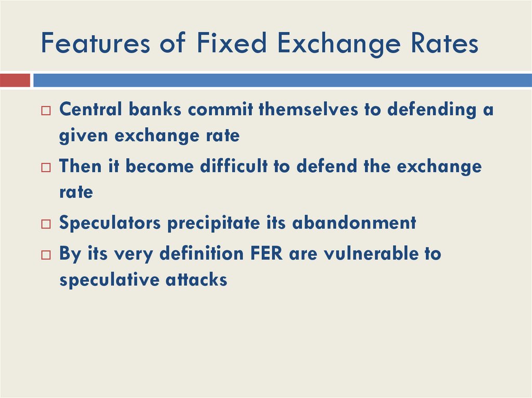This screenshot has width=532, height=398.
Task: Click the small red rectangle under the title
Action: [x=15, y=80]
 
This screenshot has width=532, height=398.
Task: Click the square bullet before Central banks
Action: [x=47, y=111]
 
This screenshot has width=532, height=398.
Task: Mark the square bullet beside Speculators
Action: [x=47, y=224]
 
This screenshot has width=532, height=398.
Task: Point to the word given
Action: [x=84, y=135]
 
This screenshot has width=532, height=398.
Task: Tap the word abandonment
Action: [x=354, y=223]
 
